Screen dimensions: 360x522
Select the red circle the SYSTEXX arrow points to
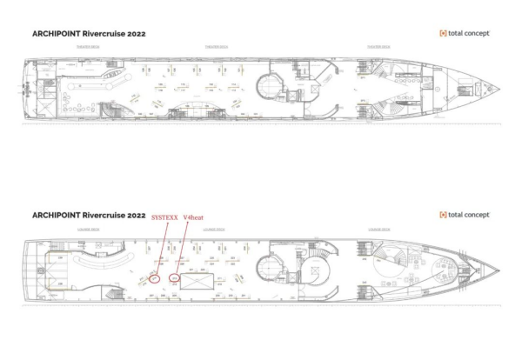(x=154, y=279)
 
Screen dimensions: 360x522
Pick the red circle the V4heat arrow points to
(x=175, y=278)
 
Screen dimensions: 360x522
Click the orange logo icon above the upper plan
(x=443, y=33)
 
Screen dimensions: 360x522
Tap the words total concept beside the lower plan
(x=470, y=214)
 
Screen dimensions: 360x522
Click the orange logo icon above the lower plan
(x=443, y=214)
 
